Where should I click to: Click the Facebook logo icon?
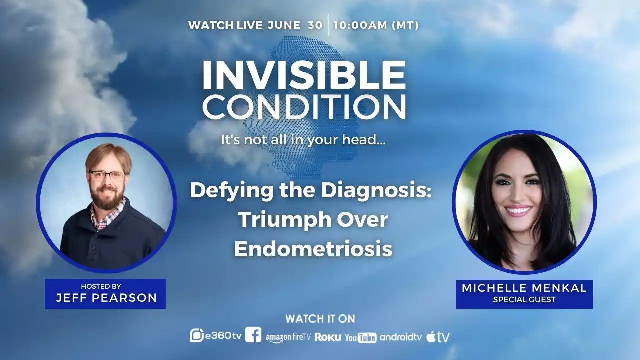click(253, 335)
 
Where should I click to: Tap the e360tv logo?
click(216, 336)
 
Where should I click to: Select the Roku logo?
click(328, 337)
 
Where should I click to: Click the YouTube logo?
click(361, 338)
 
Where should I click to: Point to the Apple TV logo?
click(438, 337)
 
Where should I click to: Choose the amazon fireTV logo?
click(288, 337)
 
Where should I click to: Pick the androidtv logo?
click(401, 337)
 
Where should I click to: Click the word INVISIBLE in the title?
click(304, 75)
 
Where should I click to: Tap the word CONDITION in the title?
click(304, 106)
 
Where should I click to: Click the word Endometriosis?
click(313, 249)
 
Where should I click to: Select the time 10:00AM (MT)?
click(376, 25)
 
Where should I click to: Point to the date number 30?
click(315, 25)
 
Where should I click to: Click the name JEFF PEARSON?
click(106, 298)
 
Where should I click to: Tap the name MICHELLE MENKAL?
click(524, 288)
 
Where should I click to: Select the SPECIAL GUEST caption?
click(524, 299)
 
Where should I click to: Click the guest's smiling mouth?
click(517, 211)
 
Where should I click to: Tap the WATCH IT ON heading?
click(320, 319)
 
